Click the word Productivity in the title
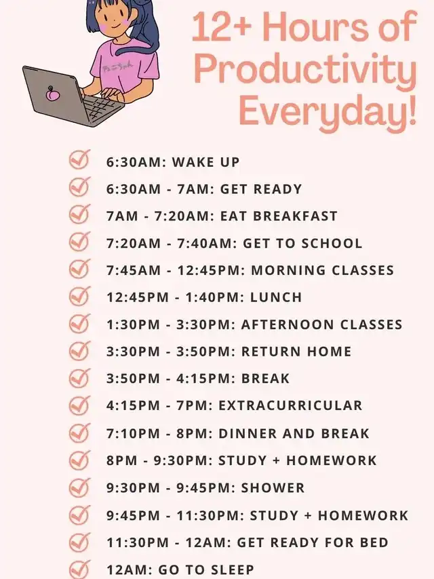pyautogui.click(x=306, y=70)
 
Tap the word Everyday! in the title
pyautogui.click(x=328, y=111)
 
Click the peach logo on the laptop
pyautogui.click(x=52, y=94)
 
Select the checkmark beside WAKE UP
pyautogui.click(x=79, y=160)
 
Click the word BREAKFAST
pyautogui.click(x=295, y=216)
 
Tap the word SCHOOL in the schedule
pyautogui.click(x=332, y=243)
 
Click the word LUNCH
pyautogui.click(x=276, y=297)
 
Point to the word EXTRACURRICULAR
pyautogui.click(x=290, y=405)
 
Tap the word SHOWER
pyautogui.click(x=273, y=488)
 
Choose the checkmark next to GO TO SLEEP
pyautogui.click(x=79, y=569)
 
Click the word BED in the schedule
pyautogui.click(x=374, y=542)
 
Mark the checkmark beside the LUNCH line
pyautogui.click(x=79, y=296)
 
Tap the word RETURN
pyautogui.click(x=271, y=352)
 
